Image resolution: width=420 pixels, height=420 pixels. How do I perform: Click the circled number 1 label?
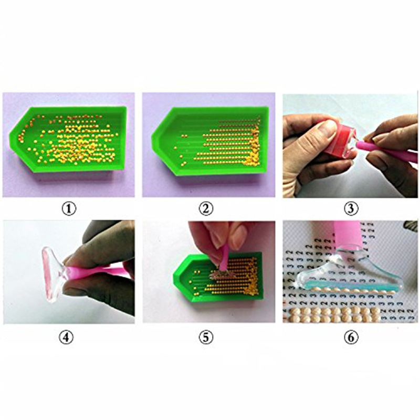[69, 208]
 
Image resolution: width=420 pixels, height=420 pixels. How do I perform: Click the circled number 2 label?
[206, 208]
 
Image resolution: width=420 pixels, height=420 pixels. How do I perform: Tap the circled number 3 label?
[351, 208]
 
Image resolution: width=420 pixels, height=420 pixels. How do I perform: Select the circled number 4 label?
[66, 337]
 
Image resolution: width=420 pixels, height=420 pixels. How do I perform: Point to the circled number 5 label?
[206, 337]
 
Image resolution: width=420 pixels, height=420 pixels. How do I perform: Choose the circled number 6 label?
[351, 337]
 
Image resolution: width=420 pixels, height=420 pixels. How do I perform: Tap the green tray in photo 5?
[218, 276]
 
